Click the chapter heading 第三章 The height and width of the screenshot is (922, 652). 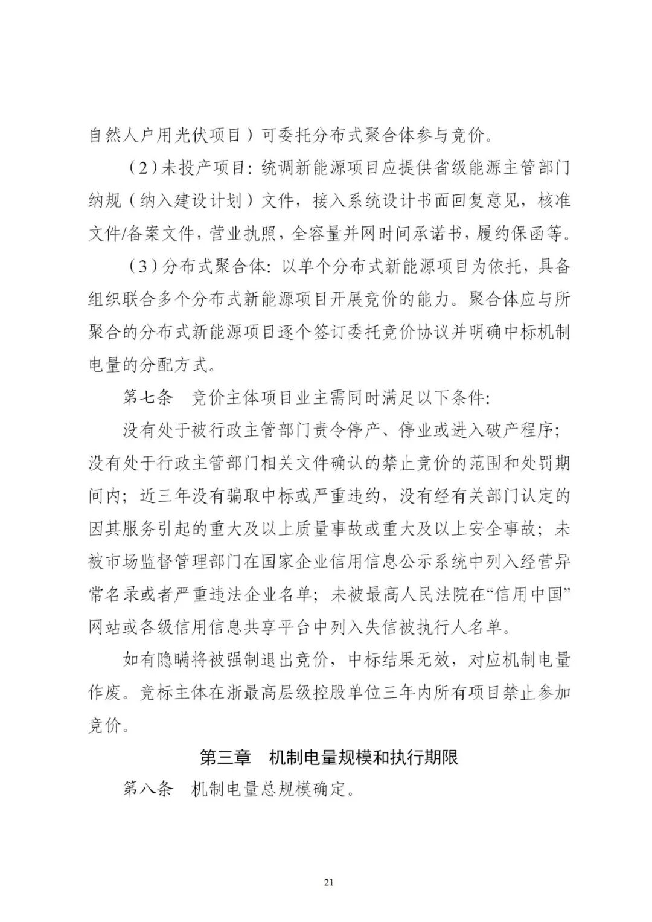click(x=225, y=757)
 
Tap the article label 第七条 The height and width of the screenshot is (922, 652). click(x=148, y=399)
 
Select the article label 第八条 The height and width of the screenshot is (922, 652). click(x=148, y=789)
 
